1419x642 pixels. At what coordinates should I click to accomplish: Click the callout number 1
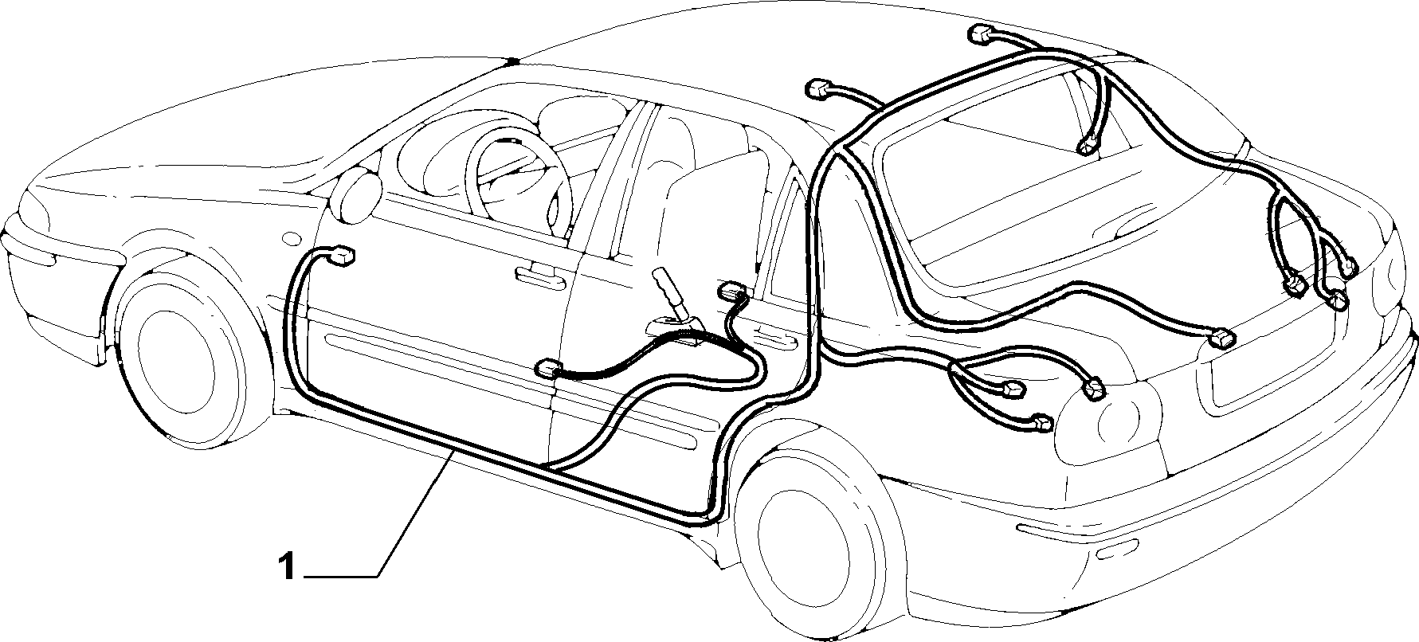(287, 569)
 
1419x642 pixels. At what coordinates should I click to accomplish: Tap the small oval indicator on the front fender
(292, 237)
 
